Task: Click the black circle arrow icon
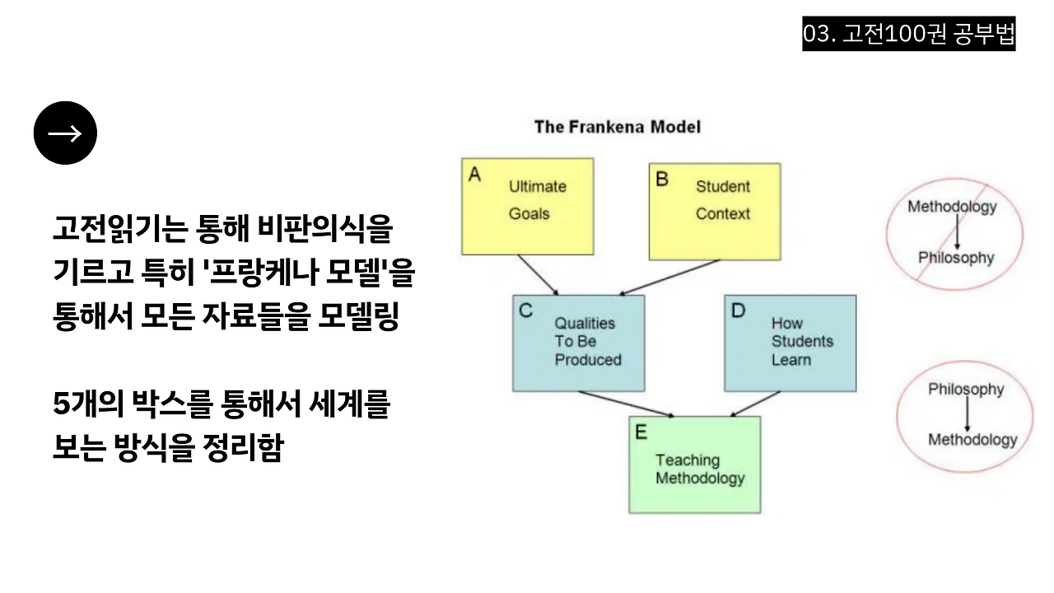pyautogui.click(x=65, y=133)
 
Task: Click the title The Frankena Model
pyautogui.click(x=617, y=127)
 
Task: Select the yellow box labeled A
pyautogui.click(x=527, y=206)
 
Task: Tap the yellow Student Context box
pyautogui.click(x=714, y=211)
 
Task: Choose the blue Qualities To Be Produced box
pyautogui.click(x=578, y=343)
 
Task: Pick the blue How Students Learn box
pyautogui.click(x=790, y=343)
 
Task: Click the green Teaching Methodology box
pyautogui.click(x=694, y=465)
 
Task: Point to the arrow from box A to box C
pyautogui.click(x=539, y=274)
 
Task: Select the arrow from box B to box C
pyautogui.click(x=669, y=278)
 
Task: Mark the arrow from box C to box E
pyautogui.click(x=626, y=404)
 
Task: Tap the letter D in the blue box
pyautogui.click(x=738, y=311)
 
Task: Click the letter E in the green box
pyautogui.click(x=641, y=432)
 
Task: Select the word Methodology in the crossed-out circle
pyautogui.click(x=952, y=207)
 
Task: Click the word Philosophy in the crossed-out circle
pyautogui.click(x=956, y=258)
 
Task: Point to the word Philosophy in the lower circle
pyautogui.click(x=966, y=389)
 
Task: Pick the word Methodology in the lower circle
pyautogui.click(x=972, y=440)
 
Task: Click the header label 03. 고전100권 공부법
pyautogui.click(x=908, y=35)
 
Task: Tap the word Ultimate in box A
pyautogui.click(x=537, y=186)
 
